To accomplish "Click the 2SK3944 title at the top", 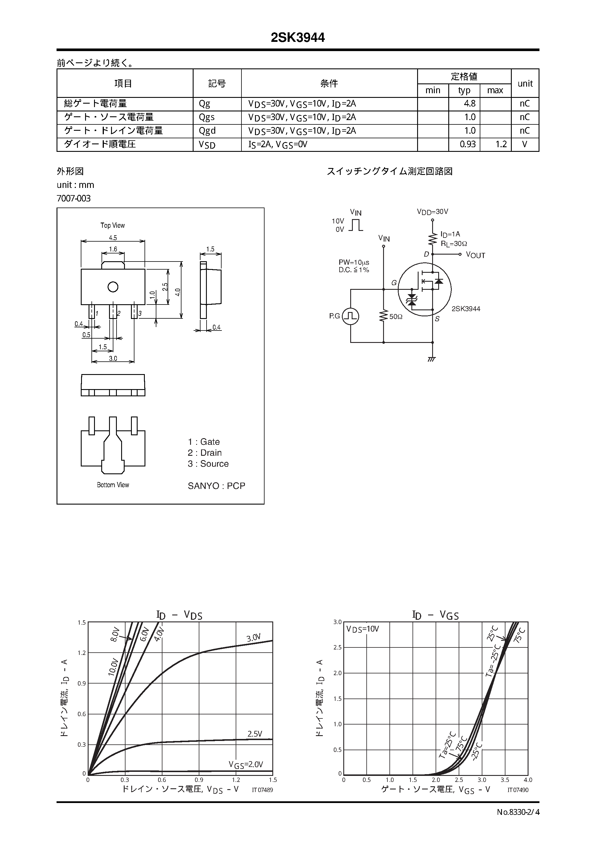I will point(298,38).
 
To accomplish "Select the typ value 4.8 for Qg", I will point(469,104).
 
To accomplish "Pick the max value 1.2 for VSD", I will point(501,144).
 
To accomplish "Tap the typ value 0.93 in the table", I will point(467,144).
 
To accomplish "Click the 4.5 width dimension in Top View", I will point(113,238).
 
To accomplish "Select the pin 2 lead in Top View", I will point(113,312).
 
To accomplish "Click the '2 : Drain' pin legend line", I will point(205,453).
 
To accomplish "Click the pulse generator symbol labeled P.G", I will point(350,316).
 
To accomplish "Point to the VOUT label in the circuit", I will point(475,255).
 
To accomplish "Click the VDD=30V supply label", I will point(432,212).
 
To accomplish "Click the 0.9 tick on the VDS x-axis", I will point(199,780).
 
